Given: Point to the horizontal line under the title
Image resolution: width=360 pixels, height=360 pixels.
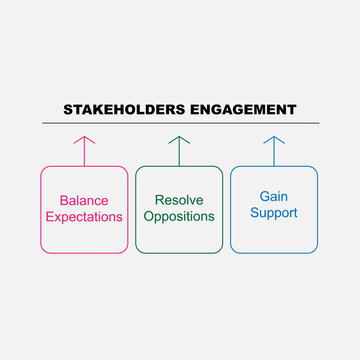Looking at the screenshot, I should coord(180,123).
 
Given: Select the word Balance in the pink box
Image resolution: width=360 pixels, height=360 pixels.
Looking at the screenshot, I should coord(84,200).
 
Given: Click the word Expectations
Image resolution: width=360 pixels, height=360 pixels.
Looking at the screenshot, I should coord(84,216).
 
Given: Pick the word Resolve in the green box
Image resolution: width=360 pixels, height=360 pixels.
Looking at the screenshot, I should coord(179,200).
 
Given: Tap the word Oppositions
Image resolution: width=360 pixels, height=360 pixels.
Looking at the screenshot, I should coord(179,216).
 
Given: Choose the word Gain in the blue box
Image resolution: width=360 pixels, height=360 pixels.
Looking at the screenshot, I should coord(274,197).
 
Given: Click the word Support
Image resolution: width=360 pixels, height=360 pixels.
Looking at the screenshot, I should coord(274,214).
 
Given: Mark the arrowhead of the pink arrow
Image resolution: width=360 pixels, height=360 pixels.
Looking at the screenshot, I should coord(84,139).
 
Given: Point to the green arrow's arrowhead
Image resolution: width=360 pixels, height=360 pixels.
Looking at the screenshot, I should coord(179,139).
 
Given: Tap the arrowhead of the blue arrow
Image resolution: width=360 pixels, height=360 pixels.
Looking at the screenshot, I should coord(274,139).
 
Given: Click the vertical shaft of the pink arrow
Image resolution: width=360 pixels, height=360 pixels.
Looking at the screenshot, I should coord(84,154).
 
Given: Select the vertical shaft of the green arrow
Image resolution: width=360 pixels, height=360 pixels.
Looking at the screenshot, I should coord(179,154).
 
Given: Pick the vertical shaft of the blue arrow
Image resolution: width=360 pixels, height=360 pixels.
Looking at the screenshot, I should coord(274,154).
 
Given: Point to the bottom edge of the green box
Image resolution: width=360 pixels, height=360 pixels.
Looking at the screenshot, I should coord(179,253).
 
